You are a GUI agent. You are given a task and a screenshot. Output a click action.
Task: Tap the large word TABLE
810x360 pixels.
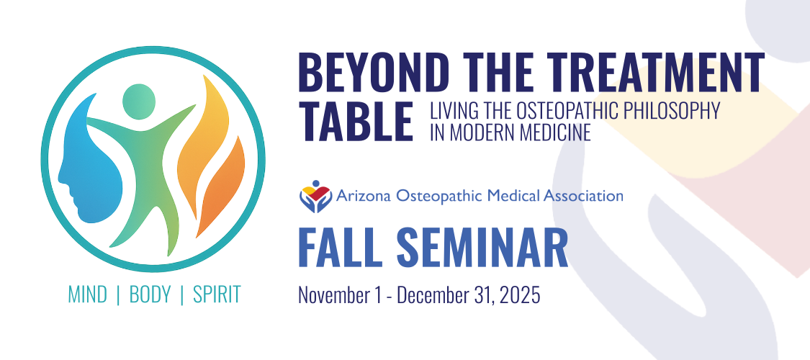tap(356, 121)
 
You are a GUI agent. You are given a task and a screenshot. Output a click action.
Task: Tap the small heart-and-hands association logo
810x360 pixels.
tap(315, 197)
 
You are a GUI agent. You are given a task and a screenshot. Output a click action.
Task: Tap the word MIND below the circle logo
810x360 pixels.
tap(88, 294)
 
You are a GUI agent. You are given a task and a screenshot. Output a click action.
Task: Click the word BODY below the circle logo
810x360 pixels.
tap(150, 294)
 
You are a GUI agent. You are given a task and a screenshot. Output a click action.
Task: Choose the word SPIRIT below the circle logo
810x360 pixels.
tap(217, 294)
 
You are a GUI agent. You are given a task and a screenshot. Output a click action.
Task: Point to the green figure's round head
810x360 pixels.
tap(139, 102)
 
